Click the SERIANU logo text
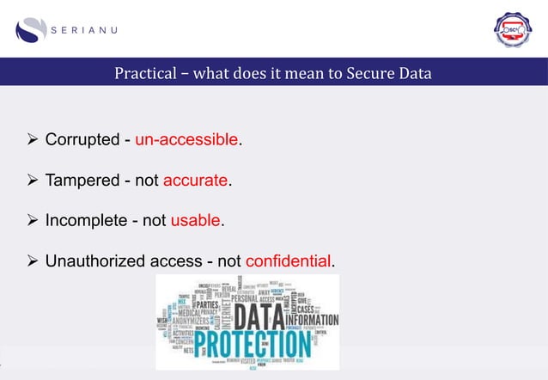pyautogui.click(x=85, y=29)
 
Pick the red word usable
pyautogui.click(x=196, y=221)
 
